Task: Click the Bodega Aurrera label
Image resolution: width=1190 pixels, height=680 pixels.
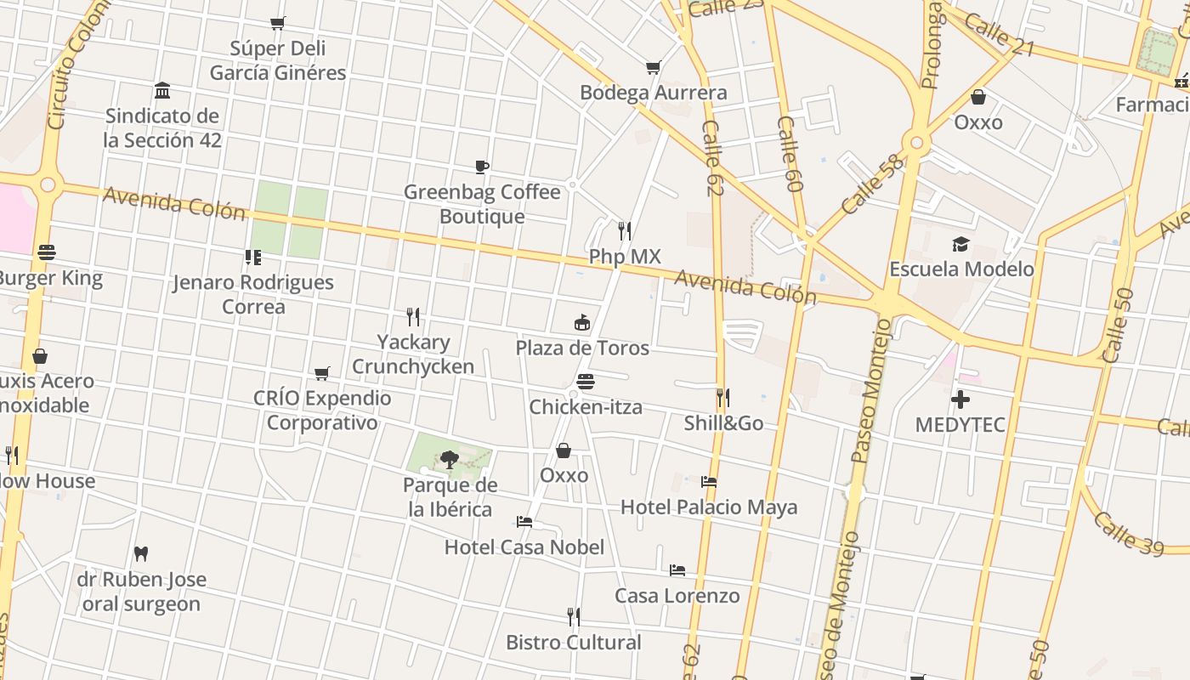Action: click(653, 93)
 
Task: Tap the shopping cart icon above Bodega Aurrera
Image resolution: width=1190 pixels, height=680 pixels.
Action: click(653, 67)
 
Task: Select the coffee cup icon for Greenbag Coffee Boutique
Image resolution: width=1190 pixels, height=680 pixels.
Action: click(482, 167)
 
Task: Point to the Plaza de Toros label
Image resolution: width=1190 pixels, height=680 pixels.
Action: click(582, 348)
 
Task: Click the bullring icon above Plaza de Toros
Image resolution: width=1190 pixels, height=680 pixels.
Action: click(582, 323)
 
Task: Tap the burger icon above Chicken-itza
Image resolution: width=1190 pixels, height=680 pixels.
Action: click(585, 382)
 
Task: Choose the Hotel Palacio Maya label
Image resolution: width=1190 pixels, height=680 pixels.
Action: click(709, 507)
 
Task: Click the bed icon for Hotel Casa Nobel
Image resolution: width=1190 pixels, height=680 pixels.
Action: click(524, 522)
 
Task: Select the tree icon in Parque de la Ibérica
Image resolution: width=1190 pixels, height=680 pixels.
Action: click(449, 460)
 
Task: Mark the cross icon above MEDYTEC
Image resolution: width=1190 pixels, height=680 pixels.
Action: click(960, 399)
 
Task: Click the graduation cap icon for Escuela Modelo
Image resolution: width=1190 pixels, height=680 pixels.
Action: click(960, 244)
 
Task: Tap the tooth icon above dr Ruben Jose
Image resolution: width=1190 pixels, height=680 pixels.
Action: click(141, 553)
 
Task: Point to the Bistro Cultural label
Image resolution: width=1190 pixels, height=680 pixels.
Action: click(574, 643)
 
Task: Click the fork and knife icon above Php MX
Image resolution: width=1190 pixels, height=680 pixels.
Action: click(625, 231)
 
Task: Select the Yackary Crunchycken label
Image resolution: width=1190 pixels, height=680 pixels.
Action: click(413, 354)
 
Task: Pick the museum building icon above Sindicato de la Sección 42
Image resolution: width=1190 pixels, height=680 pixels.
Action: click(162, 91)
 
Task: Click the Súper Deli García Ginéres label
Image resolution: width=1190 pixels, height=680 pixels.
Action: click(278, 60)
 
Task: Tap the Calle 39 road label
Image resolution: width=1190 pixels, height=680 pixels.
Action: click(1127, 532)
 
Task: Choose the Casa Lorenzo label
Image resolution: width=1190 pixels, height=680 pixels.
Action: click(677, 596)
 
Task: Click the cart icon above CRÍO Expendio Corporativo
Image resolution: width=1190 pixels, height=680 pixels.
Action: click(322, 373)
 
